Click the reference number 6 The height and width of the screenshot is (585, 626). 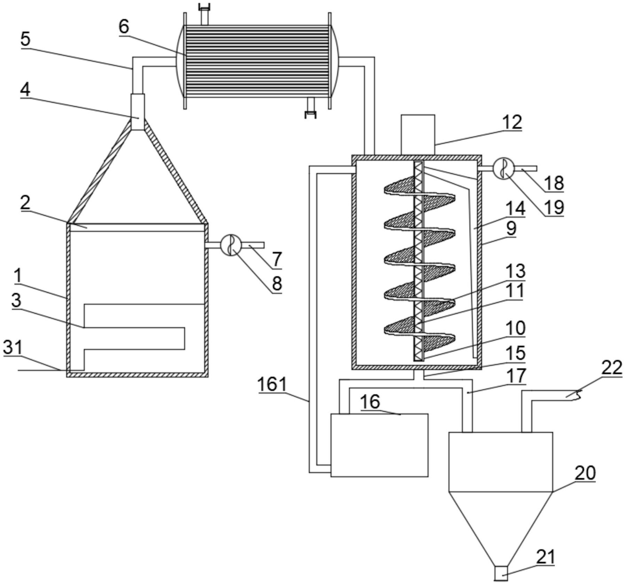[124, 27]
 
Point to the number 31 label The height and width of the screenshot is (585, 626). [13, 347]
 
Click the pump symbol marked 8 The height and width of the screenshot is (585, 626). [231, 245]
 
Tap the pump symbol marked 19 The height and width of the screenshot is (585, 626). [503, 168]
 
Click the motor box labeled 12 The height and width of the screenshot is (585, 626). [418, 135]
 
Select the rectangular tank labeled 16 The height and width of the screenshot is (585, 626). [379, 445]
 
